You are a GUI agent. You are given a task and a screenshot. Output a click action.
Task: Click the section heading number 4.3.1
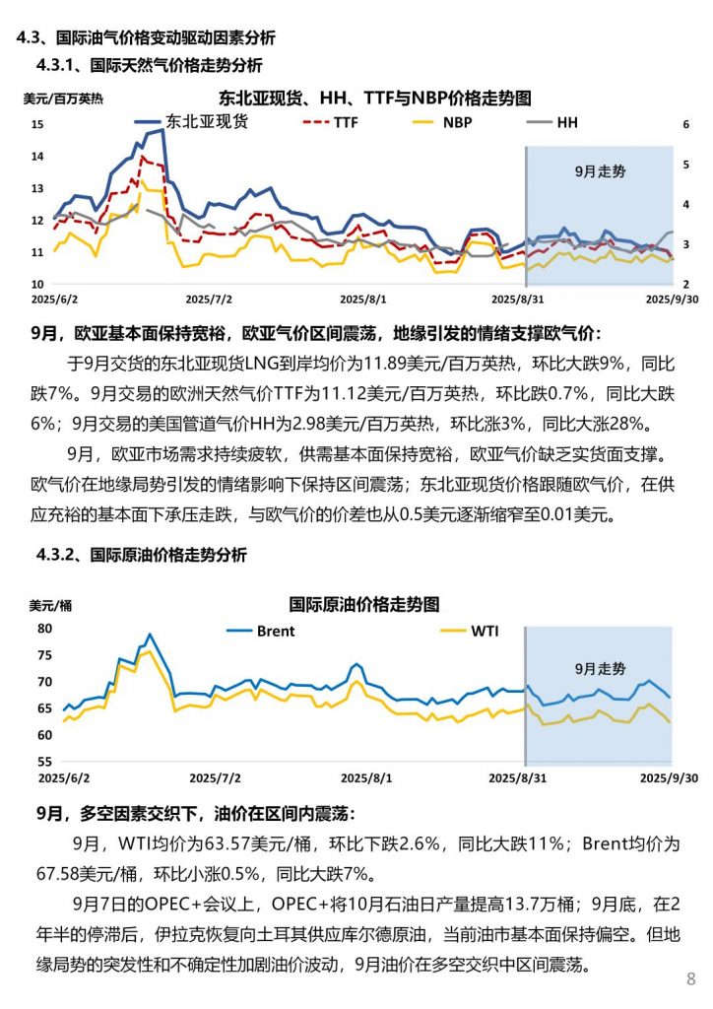click(55, 66)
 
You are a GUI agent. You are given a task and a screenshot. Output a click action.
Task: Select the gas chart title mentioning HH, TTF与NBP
click(374, 99)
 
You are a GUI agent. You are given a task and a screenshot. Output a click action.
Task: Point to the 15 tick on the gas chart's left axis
click(37, 124)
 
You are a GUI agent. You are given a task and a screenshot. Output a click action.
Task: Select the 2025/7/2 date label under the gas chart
click(208, 297)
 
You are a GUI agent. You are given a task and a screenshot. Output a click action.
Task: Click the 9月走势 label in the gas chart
click(600, 170)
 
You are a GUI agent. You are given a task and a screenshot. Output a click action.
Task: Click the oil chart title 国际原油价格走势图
click(363, 603)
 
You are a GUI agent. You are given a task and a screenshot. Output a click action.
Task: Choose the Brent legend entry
click(275, 631)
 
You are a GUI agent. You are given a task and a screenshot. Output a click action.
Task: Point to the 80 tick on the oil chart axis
click(43, 628)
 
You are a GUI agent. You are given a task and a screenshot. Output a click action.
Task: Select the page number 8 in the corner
click(690, 978)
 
